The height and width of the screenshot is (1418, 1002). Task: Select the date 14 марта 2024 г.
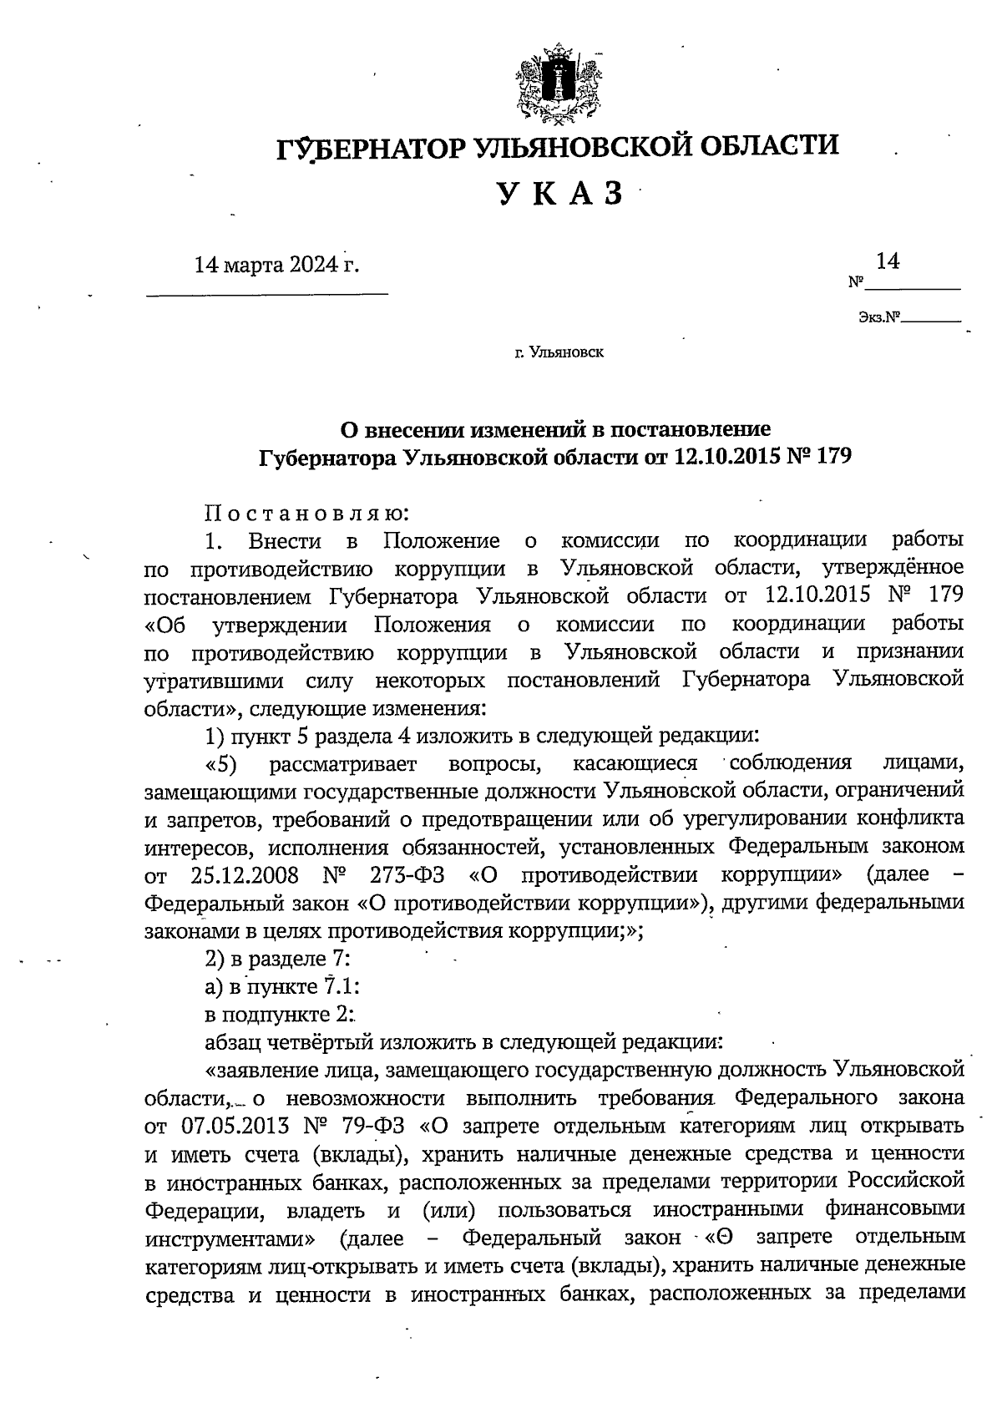276,266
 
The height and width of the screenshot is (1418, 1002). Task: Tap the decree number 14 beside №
887,262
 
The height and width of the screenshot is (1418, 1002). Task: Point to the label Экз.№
879,317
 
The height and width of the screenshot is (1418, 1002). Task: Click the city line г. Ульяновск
559,353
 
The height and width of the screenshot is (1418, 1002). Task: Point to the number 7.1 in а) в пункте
337,986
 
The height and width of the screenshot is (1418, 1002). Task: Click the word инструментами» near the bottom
230,1237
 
